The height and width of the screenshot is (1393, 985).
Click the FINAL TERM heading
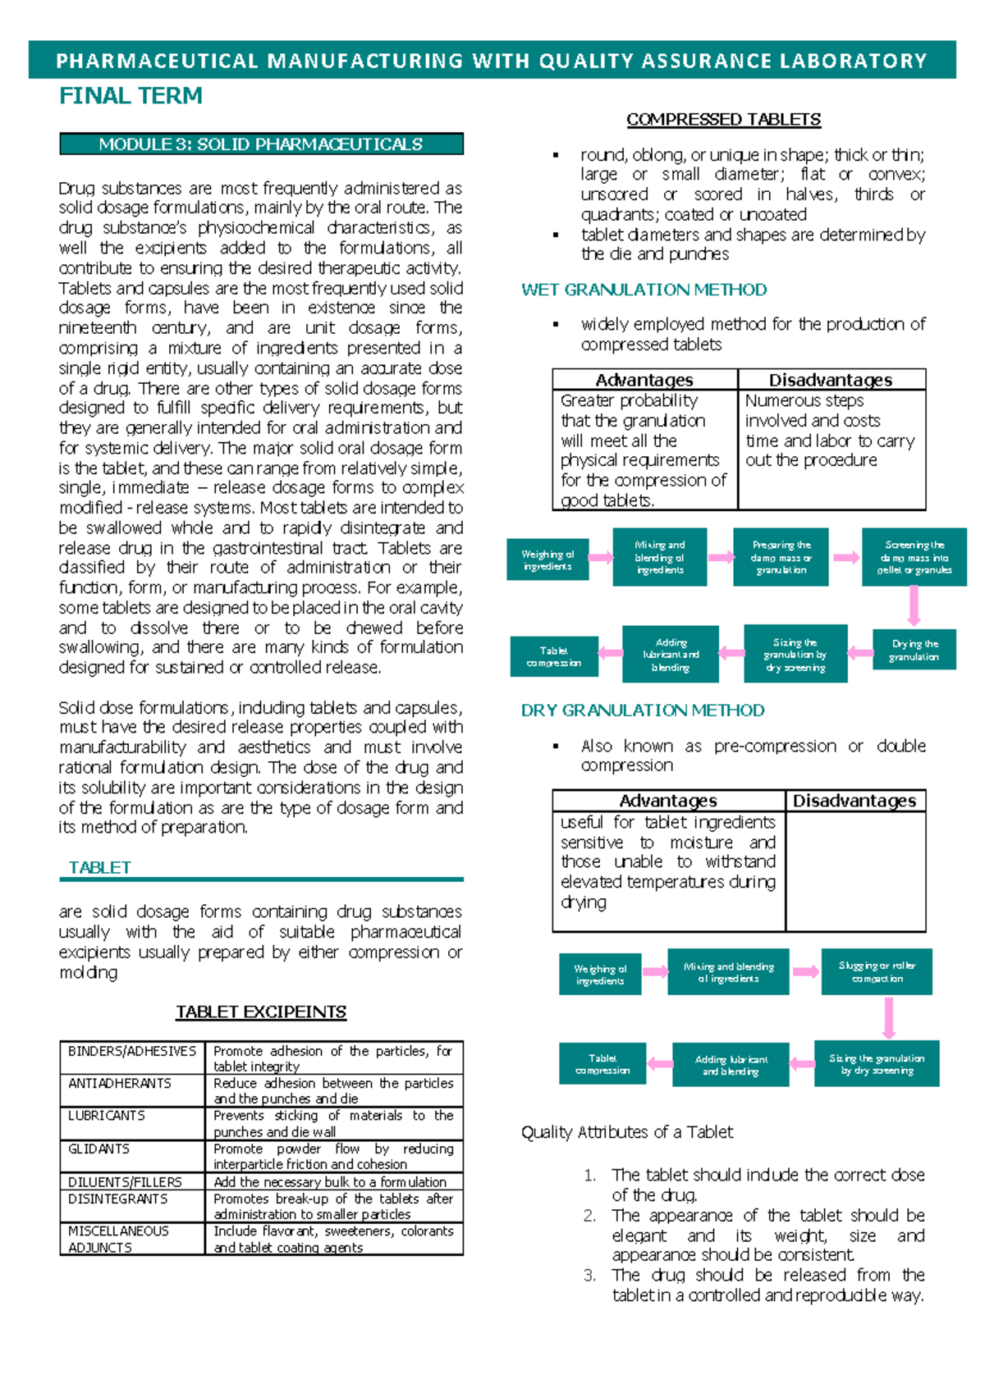(131, 96)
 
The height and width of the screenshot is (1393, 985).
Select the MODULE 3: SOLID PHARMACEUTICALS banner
(261, 144)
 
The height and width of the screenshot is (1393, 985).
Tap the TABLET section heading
(99, 867)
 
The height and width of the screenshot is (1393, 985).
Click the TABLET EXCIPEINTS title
(261, 1012)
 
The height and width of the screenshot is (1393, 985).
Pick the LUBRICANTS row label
(107, 1116)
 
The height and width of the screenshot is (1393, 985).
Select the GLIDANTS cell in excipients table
(98, 1149)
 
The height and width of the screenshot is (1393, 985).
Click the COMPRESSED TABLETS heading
(723, 120)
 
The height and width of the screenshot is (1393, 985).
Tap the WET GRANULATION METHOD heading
(644, 290)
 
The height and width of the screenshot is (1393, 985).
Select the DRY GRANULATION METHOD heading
(643, 710)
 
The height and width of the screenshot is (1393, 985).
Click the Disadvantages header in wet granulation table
(831, 380)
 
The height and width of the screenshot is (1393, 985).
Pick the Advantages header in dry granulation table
(667, 801)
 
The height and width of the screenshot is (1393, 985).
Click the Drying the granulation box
(914, 650)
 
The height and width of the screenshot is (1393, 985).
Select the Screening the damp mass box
(914, 557)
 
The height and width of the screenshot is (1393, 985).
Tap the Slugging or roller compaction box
(877, 971)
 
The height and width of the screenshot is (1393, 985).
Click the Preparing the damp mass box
(781, 557)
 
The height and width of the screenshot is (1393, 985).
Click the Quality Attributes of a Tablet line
(627, 1132)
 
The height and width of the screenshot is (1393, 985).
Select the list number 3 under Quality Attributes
(589, 1275)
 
